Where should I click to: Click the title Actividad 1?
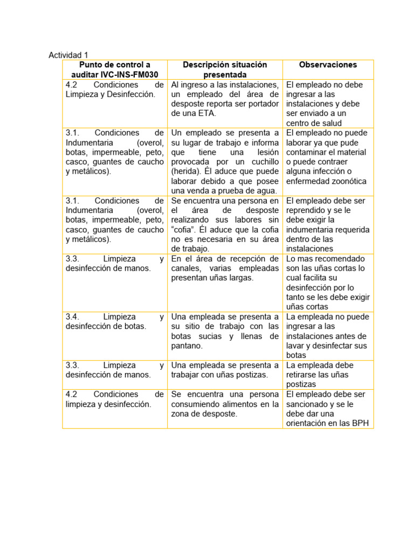(68, 55)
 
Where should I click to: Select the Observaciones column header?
(328, 65)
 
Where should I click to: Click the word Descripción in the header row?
(209, 65)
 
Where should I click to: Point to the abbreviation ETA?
(208, 114)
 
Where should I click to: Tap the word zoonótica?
(346, 181)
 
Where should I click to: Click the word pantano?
(187, 346)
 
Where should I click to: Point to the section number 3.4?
(73, 317)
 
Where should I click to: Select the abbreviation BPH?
(360, 423)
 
